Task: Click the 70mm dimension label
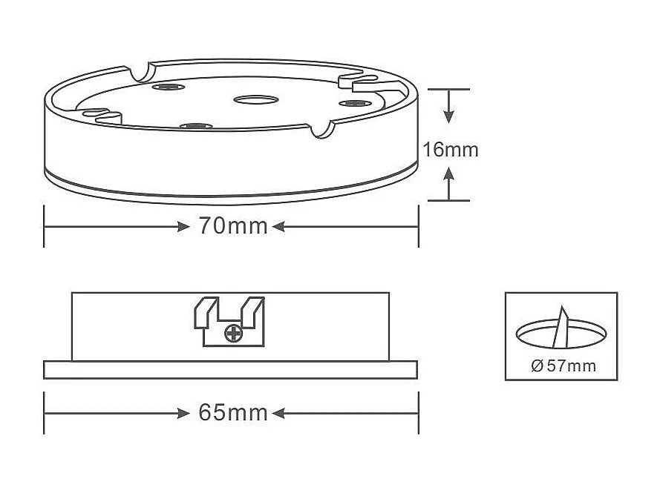tap(232, 226)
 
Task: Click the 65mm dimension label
tap(232, 412)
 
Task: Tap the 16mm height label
tap(450, 150)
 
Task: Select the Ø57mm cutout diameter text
tap(564, 366)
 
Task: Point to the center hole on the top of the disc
tap(255, 99)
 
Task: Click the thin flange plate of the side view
tap(230, 369)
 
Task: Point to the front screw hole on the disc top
tap(195, 125)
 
